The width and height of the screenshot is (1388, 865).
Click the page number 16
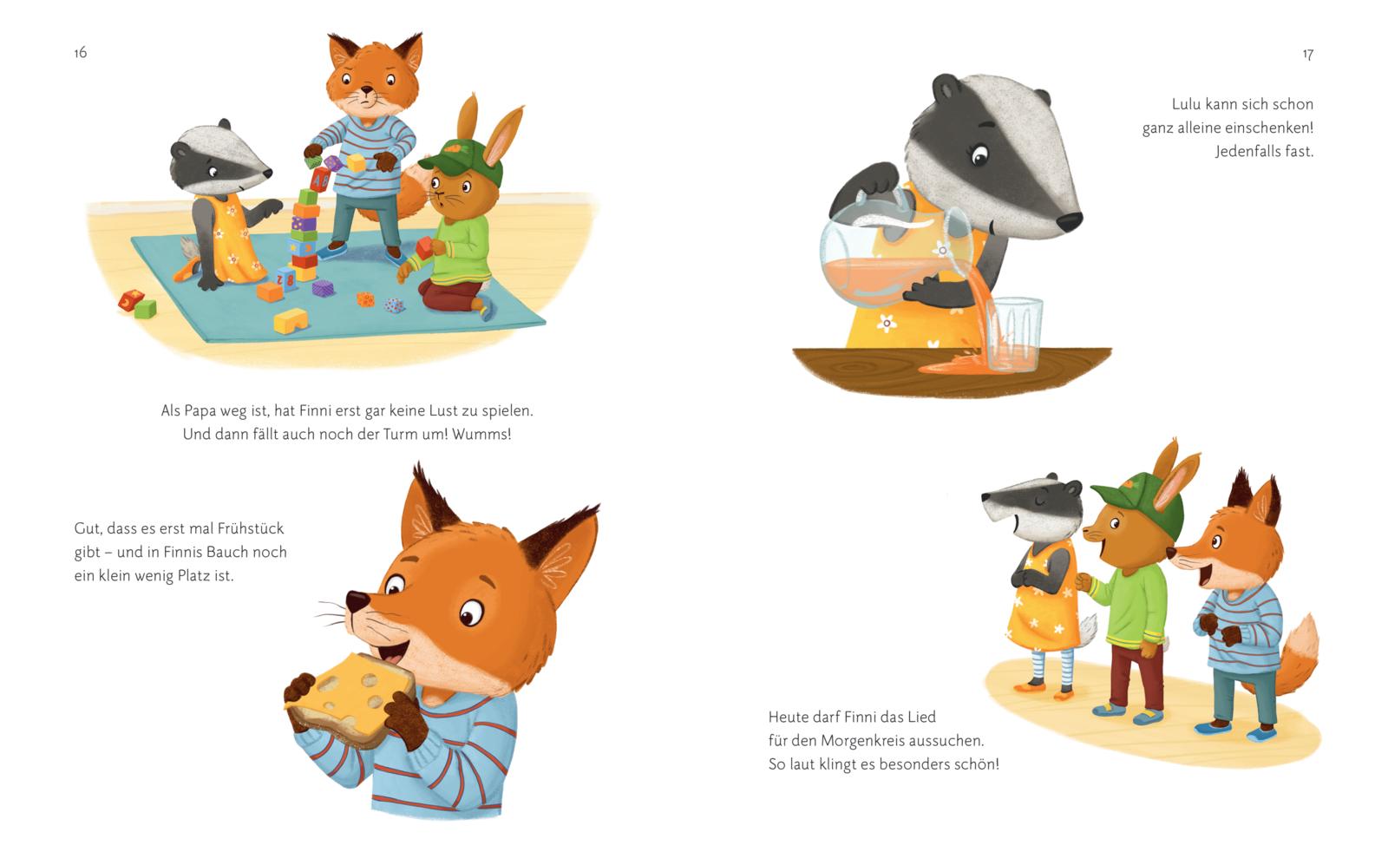[81, 53]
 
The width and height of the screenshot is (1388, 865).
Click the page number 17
[1307, 55]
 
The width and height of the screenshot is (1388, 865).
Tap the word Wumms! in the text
[481, 435]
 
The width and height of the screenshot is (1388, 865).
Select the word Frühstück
[251, 528]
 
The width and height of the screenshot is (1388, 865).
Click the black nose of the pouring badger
[1070, 222]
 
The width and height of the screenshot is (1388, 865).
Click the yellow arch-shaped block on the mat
[291, 321]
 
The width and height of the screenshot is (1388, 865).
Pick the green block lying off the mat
[146, 309]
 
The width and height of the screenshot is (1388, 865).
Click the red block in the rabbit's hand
[425, 248]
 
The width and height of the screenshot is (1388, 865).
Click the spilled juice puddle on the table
[954, 366]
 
